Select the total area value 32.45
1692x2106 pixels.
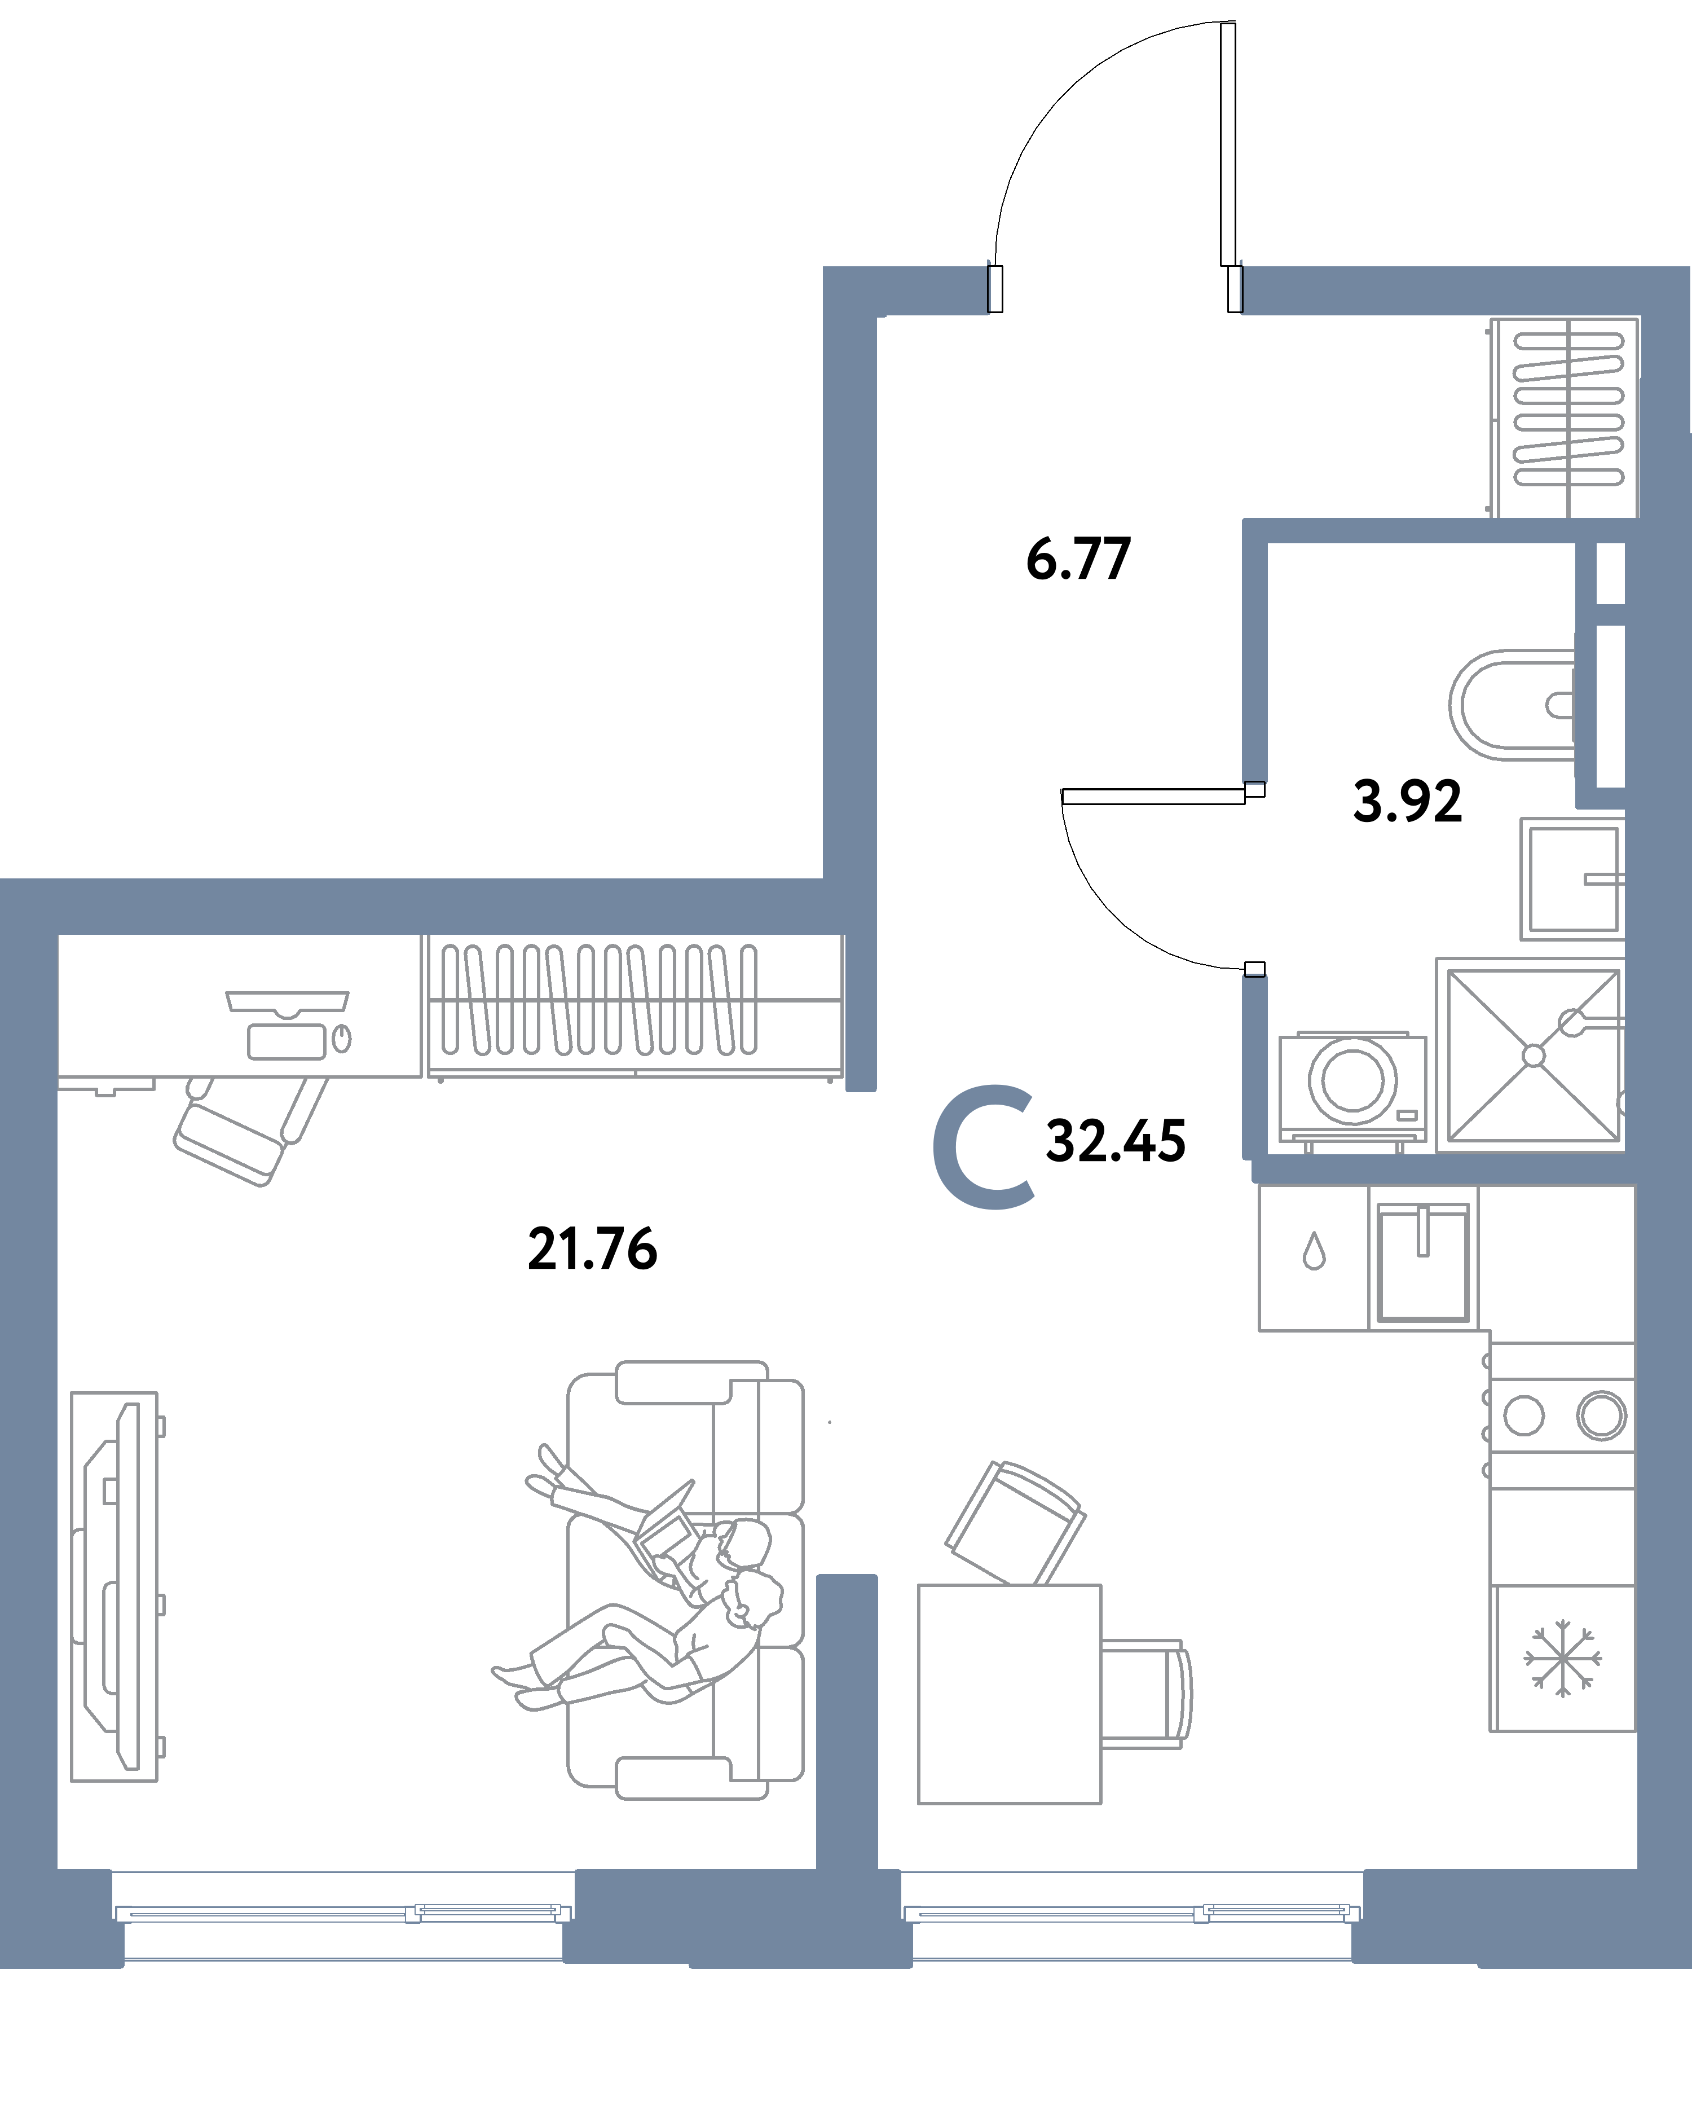tap(1116, 1141)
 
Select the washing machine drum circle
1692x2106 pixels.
tap(1353, 1080)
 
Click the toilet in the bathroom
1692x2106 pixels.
tap(1512, 705)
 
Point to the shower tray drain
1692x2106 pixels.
tap(1534, 1056)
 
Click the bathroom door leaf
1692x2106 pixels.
tap(1153, 796)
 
